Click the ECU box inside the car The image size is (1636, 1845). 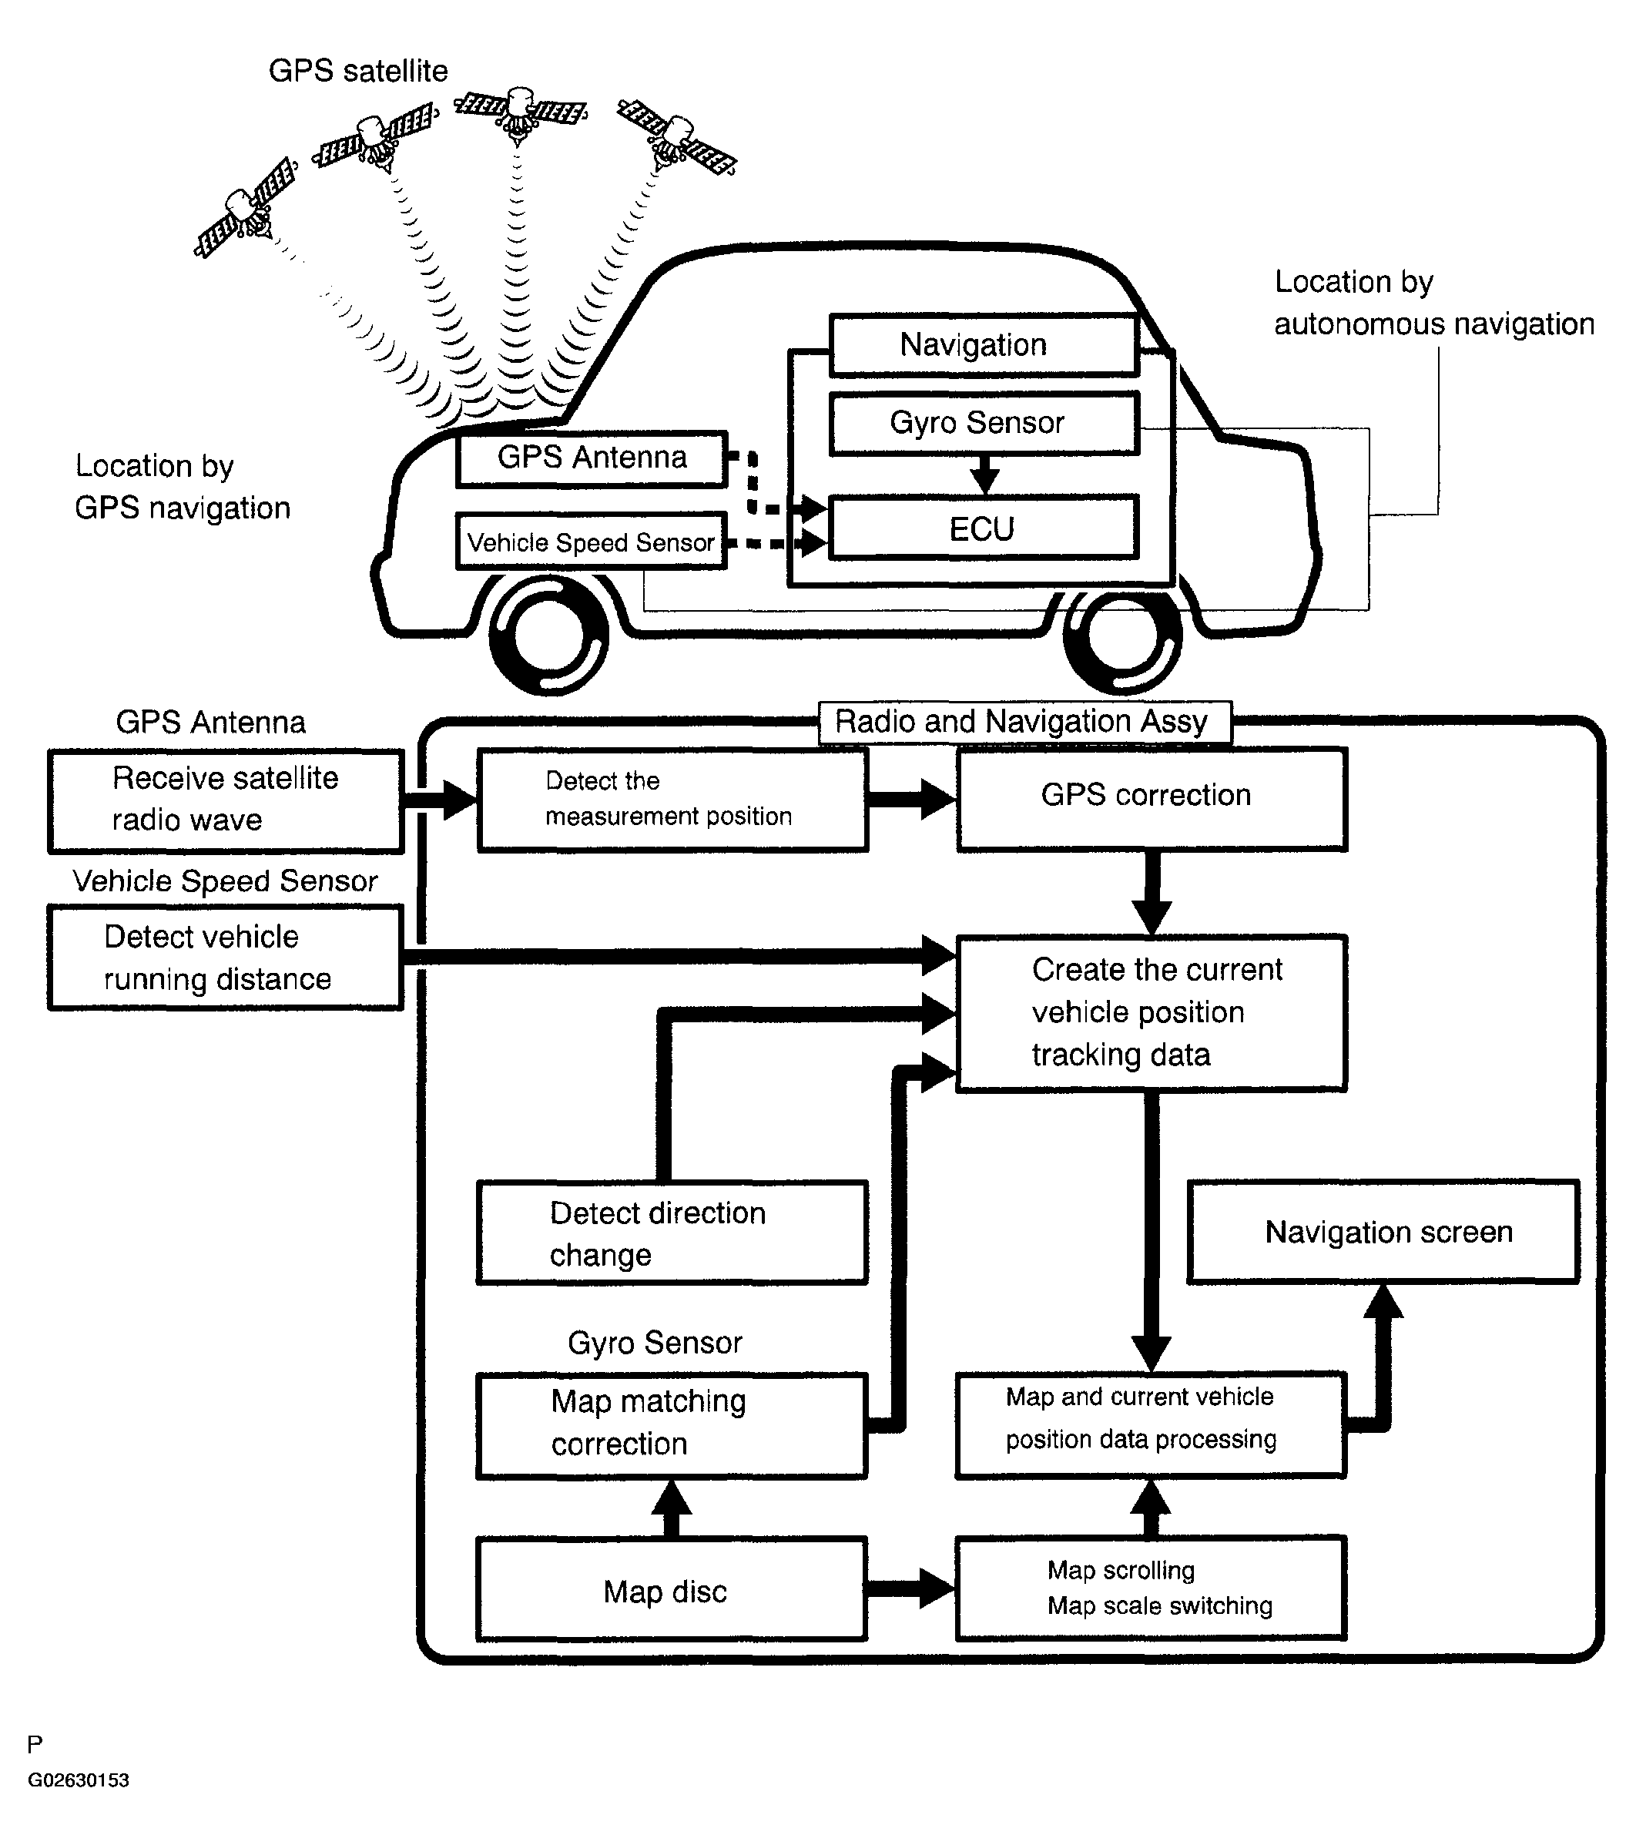983,528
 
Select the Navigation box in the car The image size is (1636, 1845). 983,345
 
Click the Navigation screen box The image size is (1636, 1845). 1383,1232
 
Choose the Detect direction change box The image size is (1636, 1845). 672,1233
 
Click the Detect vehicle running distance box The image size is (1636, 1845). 226,958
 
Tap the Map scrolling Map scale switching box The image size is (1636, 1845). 1151,1588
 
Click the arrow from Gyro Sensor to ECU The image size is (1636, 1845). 984,474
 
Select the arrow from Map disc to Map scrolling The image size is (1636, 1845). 911,1588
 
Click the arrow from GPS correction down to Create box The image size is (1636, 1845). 1152,893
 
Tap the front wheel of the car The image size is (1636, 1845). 548,635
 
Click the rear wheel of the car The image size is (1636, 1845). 1121,635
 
